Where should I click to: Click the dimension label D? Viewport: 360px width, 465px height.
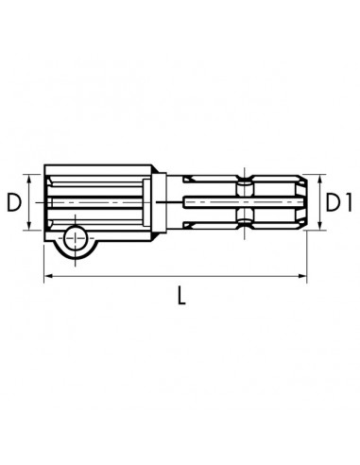click(x=14, y=202)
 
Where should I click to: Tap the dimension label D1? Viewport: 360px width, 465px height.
click(x=338, y=202)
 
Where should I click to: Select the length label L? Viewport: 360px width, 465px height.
click(x=181, y=296)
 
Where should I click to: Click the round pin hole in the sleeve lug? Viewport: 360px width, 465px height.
click(x=76, y=238)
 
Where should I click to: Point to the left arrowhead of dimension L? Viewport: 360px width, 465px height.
click(x=48, y=276)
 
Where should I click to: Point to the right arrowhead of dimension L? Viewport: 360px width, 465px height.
click(x=302, y=276)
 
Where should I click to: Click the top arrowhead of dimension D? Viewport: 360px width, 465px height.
click(x=29, y=179)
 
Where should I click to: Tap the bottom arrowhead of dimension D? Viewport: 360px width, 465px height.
click(x=29, y=226)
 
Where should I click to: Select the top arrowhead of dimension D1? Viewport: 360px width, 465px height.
click(x=320, y=179)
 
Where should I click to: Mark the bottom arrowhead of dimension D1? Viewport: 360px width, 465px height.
click(x=320, y=226)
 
